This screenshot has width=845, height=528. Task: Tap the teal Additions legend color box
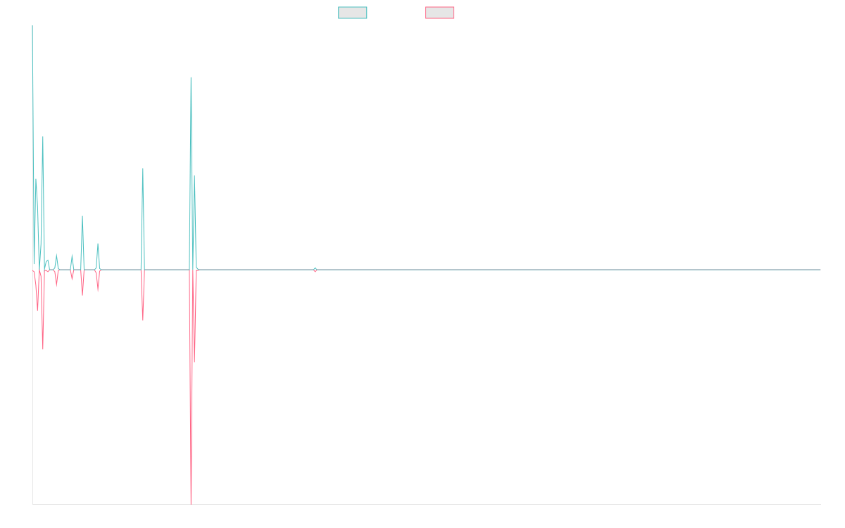tap(353, 13)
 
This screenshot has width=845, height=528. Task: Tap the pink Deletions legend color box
tap(440, 13)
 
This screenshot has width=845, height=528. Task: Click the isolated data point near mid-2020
tap(315, 270)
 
